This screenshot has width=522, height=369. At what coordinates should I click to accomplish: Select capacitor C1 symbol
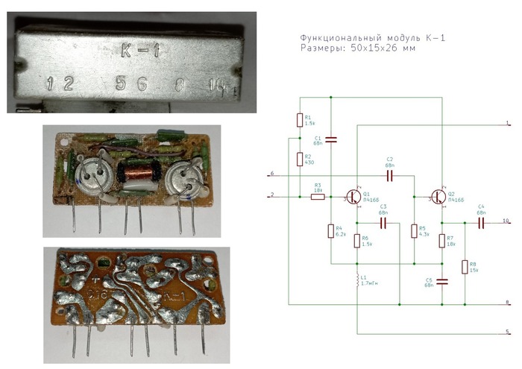click(331, 139)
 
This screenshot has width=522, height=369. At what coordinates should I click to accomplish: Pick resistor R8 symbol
click(464, 267)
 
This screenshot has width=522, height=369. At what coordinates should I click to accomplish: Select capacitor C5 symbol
click(441, 281)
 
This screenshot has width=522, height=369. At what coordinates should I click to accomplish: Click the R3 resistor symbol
click(317, 197)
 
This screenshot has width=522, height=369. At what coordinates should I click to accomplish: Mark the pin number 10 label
click(505, 221)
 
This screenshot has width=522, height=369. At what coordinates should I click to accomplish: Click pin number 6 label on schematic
click(272, 174)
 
